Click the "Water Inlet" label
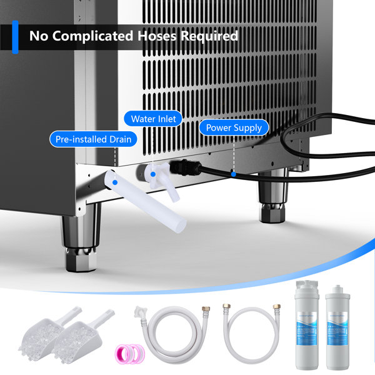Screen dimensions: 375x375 tap(153, 117)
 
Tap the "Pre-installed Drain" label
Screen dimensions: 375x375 tap(94, 139)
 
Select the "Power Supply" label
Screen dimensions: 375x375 tap(234, 128)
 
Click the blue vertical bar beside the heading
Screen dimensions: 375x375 tap(15, 36)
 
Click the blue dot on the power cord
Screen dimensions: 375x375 tap(232, 174)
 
